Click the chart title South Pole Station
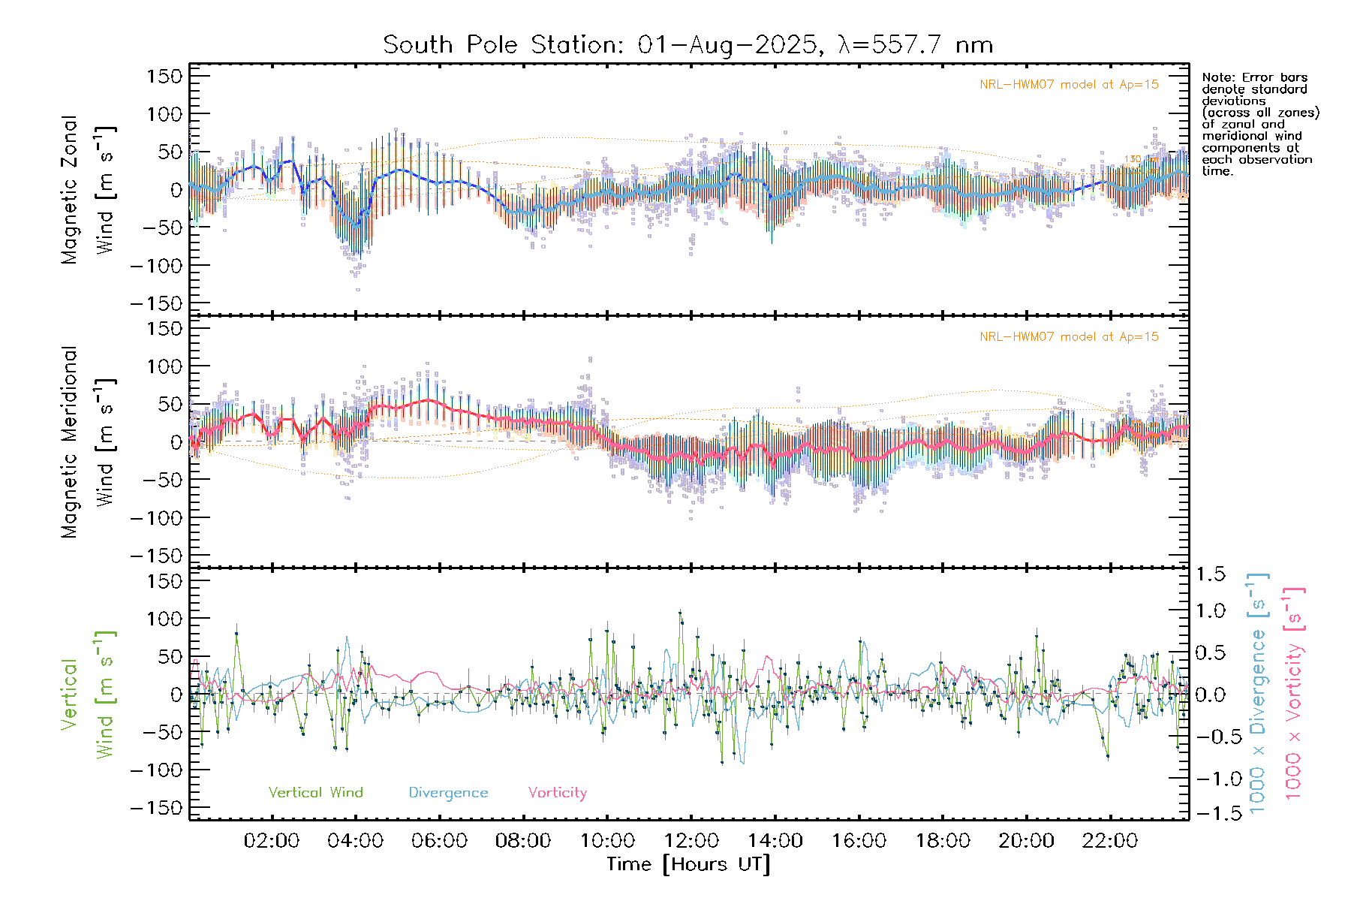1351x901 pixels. click(x=688, y=45)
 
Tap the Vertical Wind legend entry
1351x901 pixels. click(x=315, y=792)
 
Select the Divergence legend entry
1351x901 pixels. click(x=448, y=792)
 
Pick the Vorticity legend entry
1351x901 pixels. click(x=557, y=792)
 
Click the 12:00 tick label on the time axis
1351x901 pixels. click(x=691, y=841)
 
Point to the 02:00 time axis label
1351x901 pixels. click(x=272, y=841)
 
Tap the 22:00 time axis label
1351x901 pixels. click(x=1109, y=841)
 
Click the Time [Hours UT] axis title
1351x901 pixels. click(x=688, y=864)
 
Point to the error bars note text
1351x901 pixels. click(x=1259, y=124)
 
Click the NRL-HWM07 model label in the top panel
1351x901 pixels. click(x=1069, y=85)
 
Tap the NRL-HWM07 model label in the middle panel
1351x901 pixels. click(x=1069, y=337)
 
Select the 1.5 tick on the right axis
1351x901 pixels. click(x=1211, y=574)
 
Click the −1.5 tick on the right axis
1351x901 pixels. click(x=1208, y=813)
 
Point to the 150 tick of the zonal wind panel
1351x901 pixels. click(x=164, y=76)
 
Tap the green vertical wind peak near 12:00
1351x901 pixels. click(x=680, y=613)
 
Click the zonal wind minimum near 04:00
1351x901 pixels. click(x=357, y=224)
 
